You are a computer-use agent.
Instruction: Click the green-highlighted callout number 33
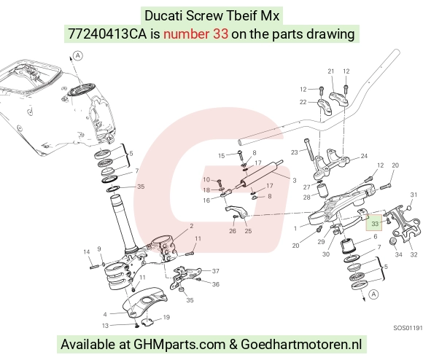tap(375, 224)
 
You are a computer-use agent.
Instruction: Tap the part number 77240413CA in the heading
tap(107, 34)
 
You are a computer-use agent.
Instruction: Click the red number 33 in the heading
tap(220, 34)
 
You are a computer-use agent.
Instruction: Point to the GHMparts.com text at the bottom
tap(179, 345)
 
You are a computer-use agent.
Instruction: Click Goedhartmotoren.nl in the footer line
tap(301, 344)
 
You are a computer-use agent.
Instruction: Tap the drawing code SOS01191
tap(408, 328)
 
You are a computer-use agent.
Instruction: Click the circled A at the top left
tap(78, 56)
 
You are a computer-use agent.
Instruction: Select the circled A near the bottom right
tap(373, 294)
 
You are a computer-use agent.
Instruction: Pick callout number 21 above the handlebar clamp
tap(330, 71)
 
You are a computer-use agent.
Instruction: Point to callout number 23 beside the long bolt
tap(295, 152)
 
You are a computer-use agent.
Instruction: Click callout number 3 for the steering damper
tap(295, 181)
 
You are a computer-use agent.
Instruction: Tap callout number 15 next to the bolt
tap(221, 156)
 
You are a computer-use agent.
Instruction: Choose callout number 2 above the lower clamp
tap(192, 226)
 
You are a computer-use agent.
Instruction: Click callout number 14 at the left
tap(87, 252)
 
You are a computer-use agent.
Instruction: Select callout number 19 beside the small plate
tap(166, 318)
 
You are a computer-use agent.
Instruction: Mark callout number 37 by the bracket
tap(216, 271)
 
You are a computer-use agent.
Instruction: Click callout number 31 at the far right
tap(414, 195)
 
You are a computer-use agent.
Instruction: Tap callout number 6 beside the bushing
tap(376, 237)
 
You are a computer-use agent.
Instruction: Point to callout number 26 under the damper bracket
tap(233, 231)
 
